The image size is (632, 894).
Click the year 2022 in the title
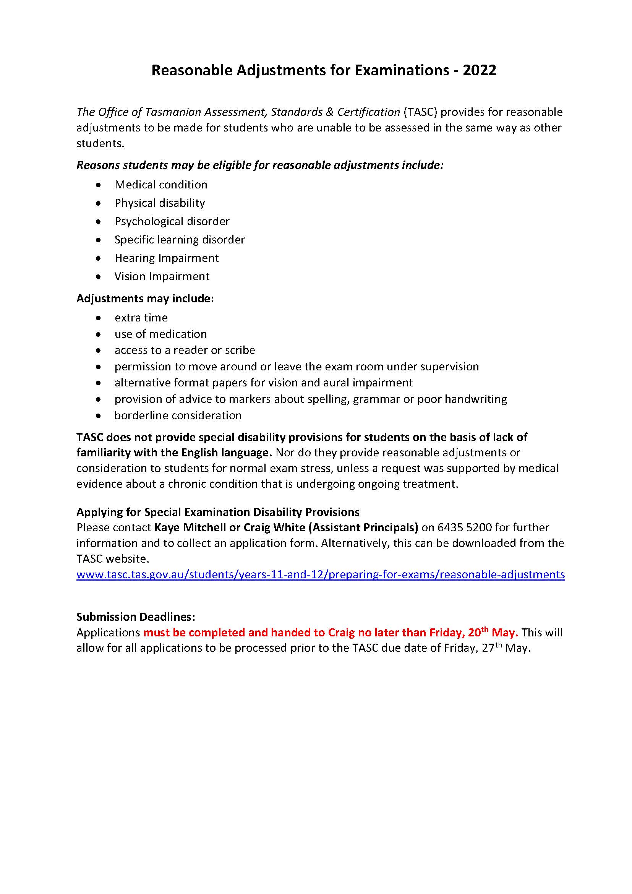pyautogui.click(x=480, y=70)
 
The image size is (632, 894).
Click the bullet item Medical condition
pyautogui.click(x=161, y=185)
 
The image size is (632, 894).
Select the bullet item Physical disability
pyautogui.click(x=160, y=203)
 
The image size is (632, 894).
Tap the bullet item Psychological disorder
pyautogui.click(x=172, y=221)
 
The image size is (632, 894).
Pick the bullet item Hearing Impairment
pyautogui.click(x=167, y=258)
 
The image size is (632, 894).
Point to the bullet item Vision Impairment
pyautogui.click(x=162, y=276)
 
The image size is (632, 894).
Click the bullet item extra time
pyautogui.click(x=141, y=318)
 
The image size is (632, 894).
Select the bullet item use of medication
pyautogui.click(x=160, y=334)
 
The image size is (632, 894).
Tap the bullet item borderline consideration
pyautogui.click(x=178, y=415)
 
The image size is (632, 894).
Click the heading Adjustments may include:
pyautogui.click(x=145, y=299)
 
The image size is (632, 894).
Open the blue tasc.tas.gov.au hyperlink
pyautogui.click(x=320, y=574)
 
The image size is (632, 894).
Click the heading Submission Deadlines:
pyautogui.click(x=135, y=617)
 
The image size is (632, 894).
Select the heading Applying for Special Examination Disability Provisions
pyautogui.click(x=217, y=512)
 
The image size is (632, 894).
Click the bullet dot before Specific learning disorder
pyautogui.click(x=99, y=240)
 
